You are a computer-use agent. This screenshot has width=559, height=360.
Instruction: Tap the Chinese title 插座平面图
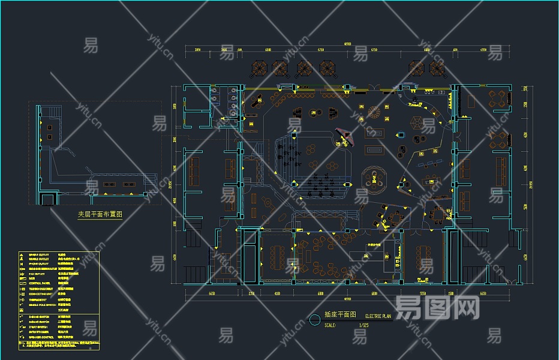340,314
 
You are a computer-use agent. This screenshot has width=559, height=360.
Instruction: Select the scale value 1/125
364,325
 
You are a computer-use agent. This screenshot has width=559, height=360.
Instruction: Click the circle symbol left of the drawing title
315,319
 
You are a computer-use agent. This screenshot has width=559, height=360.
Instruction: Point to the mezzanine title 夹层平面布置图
100,214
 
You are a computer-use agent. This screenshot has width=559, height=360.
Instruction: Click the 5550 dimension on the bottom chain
422,293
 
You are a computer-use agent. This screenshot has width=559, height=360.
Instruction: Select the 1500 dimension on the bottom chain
450,293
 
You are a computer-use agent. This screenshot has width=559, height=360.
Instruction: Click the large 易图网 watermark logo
437,310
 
